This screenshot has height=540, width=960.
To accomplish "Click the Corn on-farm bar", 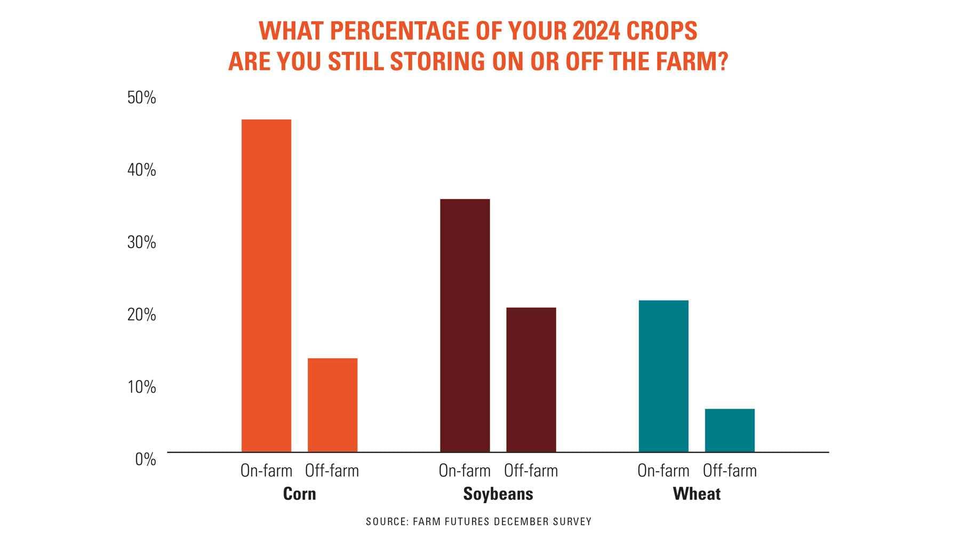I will coord(266,285).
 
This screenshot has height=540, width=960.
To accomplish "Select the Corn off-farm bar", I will coord(332,405).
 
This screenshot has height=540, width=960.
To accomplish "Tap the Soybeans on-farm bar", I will coord(465,325).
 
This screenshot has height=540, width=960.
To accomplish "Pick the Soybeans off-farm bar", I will coord(531,379).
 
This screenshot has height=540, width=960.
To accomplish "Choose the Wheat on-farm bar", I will coord(663,376).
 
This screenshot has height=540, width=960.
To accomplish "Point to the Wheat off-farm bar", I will coord(730,430).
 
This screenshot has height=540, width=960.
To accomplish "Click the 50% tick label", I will coord(141,98).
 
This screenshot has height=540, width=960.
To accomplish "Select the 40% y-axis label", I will coord(141,170).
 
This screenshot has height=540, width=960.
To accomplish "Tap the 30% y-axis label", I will coord(141,242).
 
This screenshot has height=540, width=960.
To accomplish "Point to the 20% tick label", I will coord(141,315).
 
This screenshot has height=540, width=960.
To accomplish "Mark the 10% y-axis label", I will coord(141,387).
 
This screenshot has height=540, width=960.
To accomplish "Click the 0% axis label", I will coord(145,459).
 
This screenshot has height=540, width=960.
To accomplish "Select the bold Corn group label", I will coord(299,494).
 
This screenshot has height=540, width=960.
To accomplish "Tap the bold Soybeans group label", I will coord(498,494).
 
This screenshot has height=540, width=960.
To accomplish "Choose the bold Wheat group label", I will coord(697,494).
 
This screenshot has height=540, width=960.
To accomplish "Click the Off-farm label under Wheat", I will coord(730,471).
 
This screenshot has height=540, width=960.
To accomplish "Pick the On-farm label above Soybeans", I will coord(465,471).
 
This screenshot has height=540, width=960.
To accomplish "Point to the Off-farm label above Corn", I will coord(332,471).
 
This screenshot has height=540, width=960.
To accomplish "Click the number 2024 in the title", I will coord(596,31).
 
